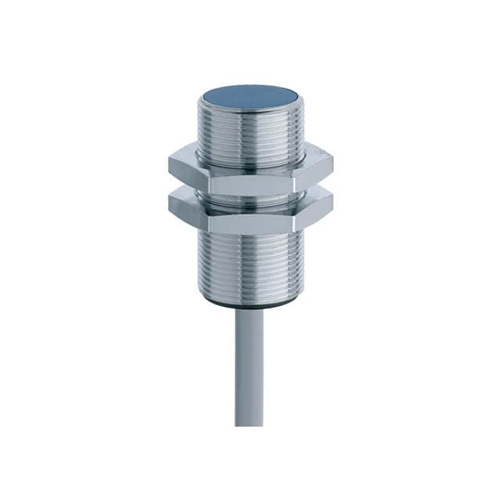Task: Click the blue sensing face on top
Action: (x=250, y=98)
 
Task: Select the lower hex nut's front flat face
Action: (x=250, y=222)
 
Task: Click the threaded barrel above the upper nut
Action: (x=250, y=133)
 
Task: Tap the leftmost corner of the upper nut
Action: (x=168, y=164)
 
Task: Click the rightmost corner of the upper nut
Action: (x=333, y=164)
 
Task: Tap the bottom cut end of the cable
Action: (x=249, y=424)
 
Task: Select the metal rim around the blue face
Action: (x=250, y=112)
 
